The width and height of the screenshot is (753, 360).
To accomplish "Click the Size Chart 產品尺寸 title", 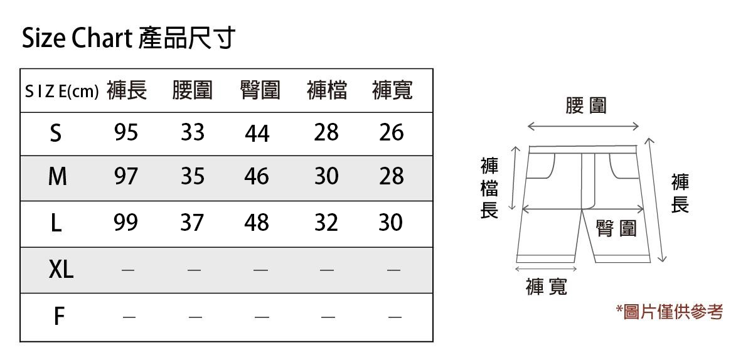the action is coord(128,39).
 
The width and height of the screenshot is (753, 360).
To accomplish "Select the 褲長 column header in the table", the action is coord(127,92).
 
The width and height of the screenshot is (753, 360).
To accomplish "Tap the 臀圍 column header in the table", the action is coord(260,92).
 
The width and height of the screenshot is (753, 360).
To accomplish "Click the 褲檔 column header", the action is coord(327,92).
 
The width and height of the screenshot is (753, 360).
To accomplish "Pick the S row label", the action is coord(56,134).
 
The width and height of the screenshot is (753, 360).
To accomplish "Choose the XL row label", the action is coord(61,270).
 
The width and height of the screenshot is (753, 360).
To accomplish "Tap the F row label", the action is coord(58,317).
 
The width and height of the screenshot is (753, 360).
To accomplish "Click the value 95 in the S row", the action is coord(126,133).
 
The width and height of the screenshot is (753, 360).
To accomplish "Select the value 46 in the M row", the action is coord(257,177).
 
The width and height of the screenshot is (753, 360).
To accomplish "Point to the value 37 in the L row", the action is coord(192,223).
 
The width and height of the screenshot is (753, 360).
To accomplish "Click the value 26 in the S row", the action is coord(392,133).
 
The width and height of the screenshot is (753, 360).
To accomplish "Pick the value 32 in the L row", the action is coord(326,223).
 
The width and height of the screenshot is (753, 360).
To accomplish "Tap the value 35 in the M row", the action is coord(193,177).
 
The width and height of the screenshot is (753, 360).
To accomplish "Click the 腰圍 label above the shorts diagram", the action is coord(586,105).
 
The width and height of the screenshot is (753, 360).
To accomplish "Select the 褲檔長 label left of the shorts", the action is coord(489,188).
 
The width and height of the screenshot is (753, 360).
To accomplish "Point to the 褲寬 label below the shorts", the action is coord(547,287).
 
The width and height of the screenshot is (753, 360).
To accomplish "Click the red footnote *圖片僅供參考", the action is coord(670,312).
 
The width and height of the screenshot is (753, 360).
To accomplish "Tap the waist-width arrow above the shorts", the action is coord(583,127).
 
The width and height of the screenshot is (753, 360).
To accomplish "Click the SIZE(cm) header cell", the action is coord(61,92).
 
